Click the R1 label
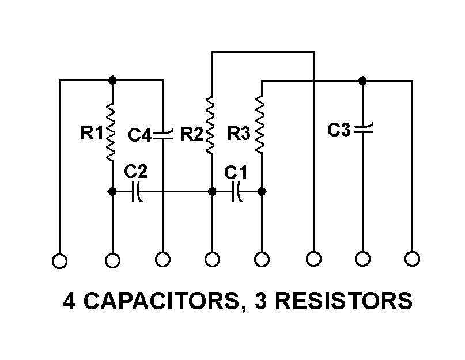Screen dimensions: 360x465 (x=90, y=134)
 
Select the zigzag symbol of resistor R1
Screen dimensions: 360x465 (x=112, y=132)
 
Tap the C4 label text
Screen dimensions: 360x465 (x=139, y=136)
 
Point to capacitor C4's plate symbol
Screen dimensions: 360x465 (x=162, y=134)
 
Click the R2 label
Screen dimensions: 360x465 (x=191, y=134)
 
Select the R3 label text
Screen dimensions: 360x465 (x=239, y=134)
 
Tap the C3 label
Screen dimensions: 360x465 (x=339, y=130)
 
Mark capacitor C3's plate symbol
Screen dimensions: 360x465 (x=362, y=128)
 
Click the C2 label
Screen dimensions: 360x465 (x=136, y=172)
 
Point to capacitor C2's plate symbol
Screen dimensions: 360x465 (x=137, y=191)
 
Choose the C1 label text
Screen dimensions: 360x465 (x=236, y=172)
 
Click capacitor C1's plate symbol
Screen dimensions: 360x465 (x=237, y=191)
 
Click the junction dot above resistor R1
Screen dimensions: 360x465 (x=112, y=80)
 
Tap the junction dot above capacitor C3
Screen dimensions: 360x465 (x=362, y=80)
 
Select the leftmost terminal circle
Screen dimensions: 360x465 (x=59, y=261)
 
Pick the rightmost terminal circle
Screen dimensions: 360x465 (x=412, y=259)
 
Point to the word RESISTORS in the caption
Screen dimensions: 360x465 (x=349, y=302)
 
